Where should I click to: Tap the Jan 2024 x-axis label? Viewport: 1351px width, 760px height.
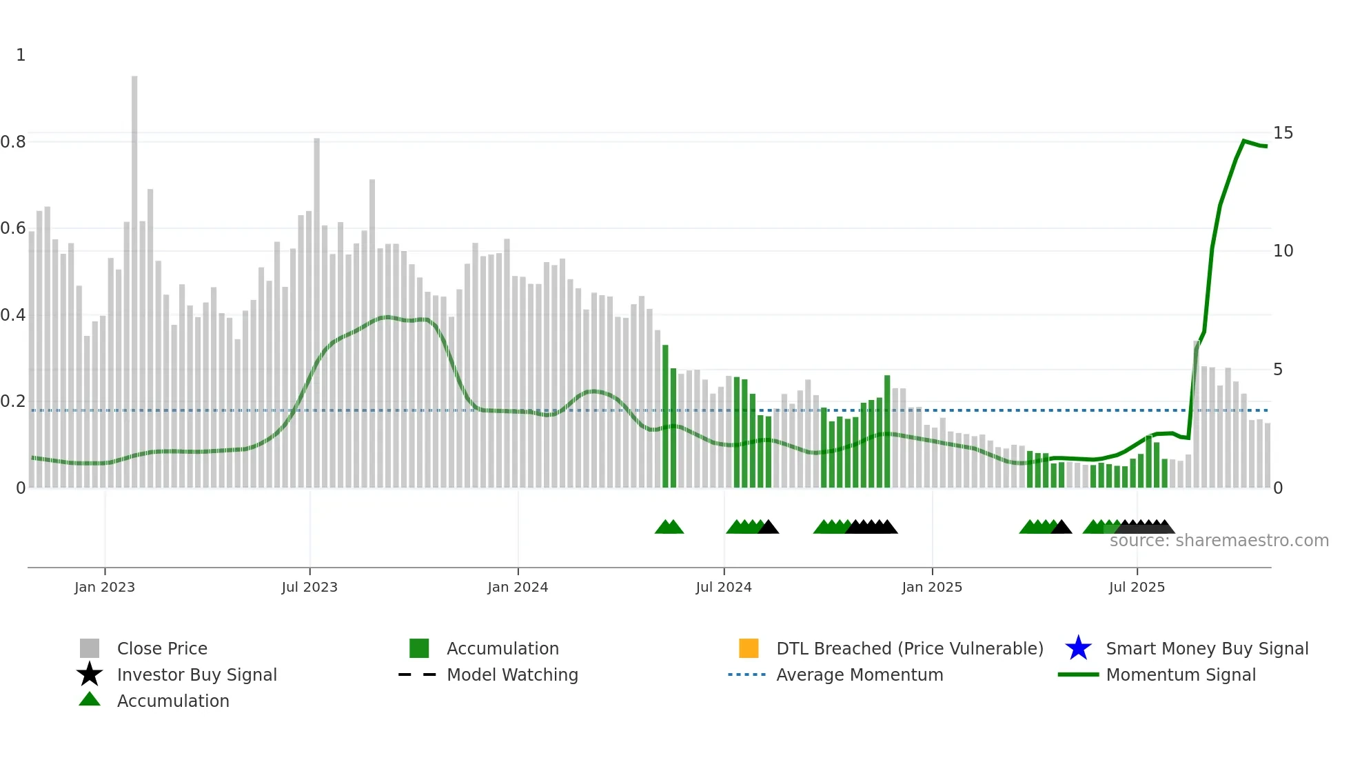click(518, 587)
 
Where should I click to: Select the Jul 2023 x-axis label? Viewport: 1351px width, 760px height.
click(309, 587)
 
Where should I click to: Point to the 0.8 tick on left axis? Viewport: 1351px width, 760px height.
click(13, 142)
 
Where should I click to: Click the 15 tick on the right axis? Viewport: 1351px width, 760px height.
click(1283, 133)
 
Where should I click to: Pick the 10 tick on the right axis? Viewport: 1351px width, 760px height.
click(1283, 251)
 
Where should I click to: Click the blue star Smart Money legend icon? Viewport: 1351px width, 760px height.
click(1078, 648)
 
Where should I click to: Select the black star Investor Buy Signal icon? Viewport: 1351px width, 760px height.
click(90, 674)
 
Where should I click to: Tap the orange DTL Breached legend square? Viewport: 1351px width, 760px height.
click(749, 648)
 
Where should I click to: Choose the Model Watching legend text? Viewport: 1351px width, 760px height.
click(512, 674)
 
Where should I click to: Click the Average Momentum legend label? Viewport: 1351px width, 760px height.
click(860, 674)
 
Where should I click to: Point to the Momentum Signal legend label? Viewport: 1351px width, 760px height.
click(1181, 674)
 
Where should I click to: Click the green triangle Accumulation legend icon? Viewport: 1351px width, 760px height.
click(90, 699)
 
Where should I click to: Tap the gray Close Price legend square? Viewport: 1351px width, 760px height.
click(90, 648)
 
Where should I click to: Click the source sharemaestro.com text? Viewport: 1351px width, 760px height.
click(1219, 541)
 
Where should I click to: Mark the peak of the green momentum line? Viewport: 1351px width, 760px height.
click(1244, 141)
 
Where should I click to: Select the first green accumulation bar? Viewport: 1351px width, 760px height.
click(665, 417)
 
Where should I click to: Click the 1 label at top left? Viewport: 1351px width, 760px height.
click(21, 55)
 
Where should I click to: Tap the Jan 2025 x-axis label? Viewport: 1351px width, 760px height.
click(932, 587)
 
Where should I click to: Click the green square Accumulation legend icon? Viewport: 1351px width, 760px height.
click(419, 648)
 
